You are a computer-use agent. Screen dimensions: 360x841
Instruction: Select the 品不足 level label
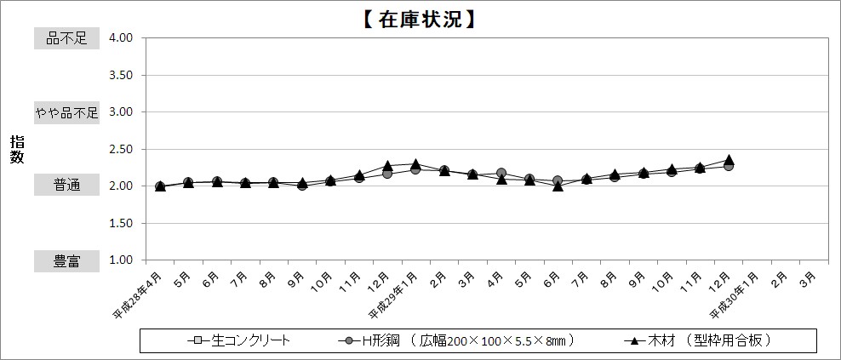[x=66, y=38]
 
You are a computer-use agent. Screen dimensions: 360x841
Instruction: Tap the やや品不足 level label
[x=66, y=112]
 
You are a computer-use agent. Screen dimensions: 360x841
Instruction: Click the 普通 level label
[x=66, y=186]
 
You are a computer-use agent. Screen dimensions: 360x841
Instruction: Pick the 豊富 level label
[x=66, y=260]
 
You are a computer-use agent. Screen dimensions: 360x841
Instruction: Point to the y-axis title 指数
[x=17, y=149]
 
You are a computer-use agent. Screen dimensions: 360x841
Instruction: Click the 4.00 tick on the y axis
[x=121, y=38]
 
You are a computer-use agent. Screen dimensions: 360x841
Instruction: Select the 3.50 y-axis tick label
[x=121, y=75]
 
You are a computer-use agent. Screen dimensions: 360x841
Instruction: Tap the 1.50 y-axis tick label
[x=121, y=223]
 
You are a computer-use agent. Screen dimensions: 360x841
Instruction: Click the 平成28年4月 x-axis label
[x=139, y=294]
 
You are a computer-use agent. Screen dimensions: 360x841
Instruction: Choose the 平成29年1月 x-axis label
[x=394, y=294]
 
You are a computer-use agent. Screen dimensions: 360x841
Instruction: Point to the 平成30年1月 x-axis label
[x=735, y=294]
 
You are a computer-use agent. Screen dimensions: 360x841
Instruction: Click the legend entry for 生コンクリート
[x=241, y=340]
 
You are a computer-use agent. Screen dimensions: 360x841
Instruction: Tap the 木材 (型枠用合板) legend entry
[x=698, y=340]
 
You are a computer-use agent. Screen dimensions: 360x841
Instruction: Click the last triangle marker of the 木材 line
[x=729, y=160]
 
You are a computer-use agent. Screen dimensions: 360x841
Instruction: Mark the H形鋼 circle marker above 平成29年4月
[x=501, y=173]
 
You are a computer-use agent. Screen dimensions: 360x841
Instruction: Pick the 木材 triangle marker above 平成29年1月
[x=415, y=164]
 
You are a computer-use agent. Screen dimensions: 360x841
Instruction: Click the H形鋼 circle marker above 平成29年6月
[x=558, y=180]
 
